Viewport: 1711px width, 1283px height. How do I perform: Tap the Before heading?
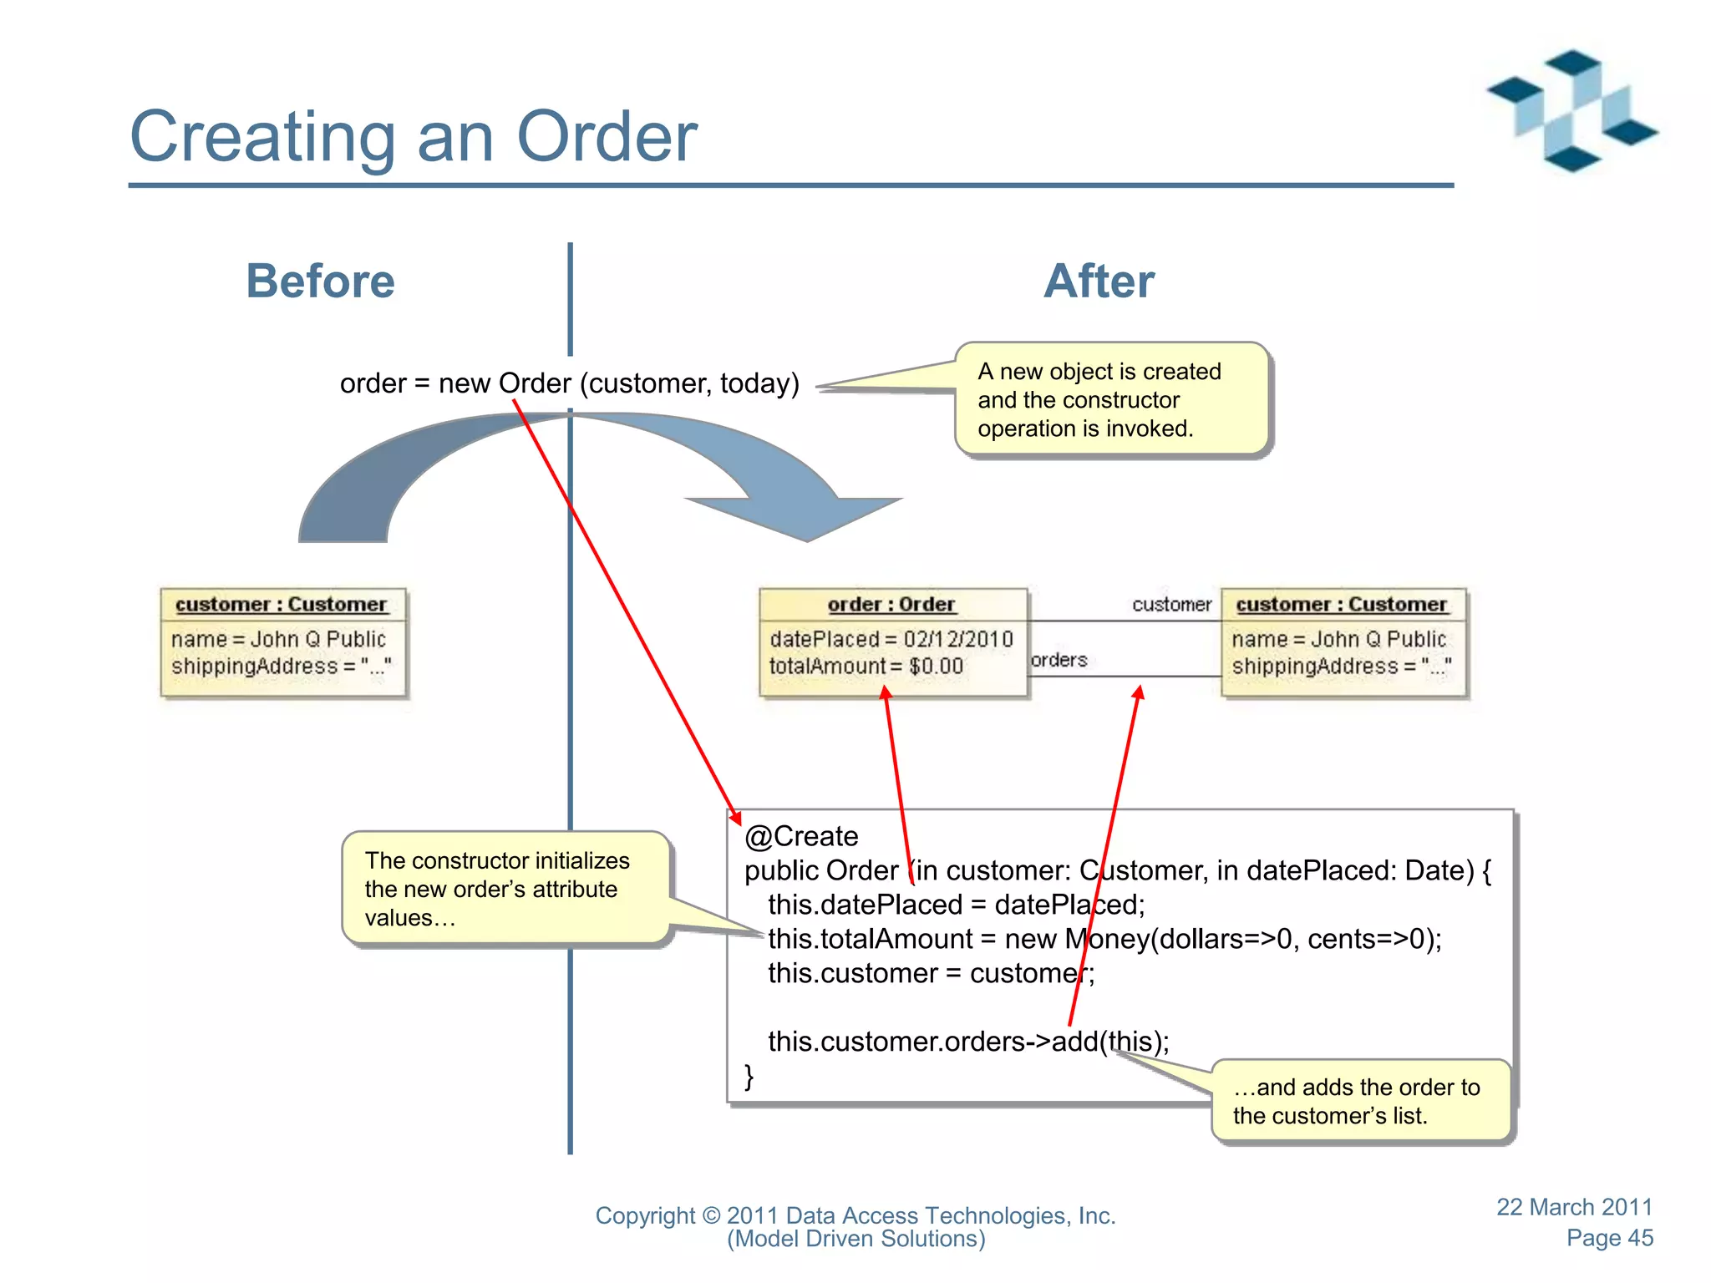(320, 281)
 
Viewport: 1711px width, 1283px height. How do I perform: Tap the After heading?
(1099, 281)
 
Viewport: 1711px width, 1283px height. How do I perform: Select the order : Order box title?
(891, 604)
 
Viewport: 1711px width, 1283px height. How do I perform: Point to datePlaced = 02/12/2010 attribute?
(891, 639)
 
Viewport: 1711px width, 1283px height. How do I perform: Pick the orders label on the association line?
(1059, 660)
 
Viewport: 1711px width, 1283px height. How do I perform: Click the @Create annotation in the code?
(801, 836)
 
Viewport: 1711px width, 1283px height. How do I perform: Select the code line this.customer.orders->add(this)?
(968, 1042)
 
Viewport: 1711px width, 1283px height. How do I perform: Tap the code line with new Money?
(1104, 939)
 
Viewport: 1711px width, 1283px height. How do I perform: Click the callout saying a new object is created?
(1111, 399)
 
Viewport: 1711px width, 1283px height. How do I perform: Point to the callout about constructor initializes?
(505, 889)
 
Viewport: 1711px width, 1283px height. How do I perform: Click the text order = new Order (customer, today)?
(570, 383)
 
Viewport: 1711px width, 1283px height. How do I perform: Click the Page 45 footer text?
(1609, 1238)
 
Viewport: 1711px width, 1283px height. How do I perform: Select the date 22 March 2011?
(1574, 1207)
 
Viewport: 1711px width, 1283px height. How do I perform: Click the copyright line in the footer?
(855, 1216)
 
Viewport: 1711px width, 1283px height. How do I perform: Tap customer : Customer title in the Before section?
(282, 604)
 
